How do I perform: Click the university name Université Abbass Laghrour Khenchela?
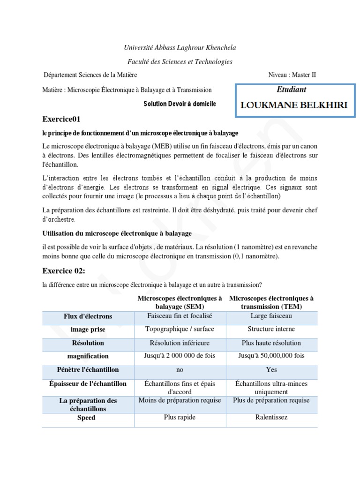point(180,48)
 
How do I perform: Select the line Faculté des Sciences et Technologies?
point(180,61)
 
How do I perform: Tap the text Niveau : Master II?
point(295,75)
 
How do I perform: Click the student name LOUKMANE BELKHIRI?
point(294,105)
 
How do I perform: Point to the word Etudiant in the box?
point(292,90)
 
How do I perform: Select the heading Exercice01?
point(65,119)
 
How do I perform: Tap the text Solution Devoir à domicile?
point(180,104)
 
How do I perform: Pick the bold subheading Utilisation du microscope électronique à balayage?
point(117,233)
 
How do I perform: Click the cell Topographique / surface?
point(180,330)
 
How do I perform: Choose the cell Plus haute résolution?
point(271,343)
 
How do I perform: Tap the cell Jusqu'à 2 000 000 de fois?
point(180,356)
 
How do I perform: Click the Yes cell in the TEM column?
point(271,370)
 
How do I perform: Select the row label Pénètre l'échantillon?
point(88,370)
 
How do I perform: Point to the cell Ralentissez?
point(271,417)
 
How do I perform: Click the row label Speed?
point(86,418)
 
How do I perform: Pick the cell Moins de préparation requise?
point(180,400)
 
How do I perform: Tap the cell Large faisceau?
point(271,316)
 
